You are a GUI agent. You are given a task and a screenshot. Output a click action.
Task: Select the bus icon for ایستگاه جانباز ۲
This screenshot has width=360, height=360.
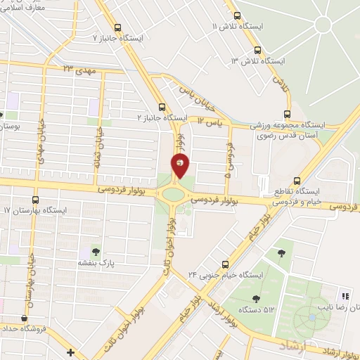tap(162, 108)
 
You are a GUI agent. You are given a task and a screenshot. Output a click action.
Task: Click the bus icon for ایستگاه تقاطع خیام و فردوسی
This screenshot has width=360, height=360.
tap(297, 181)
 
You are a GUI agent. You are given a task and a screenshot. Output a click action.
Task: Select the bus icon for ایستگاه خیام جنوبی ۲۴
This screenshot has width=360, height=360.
tap(224, 265)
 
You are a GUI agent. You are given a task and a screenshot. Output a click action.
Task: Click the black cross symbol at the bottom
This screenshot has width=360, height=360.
tap(70, 352)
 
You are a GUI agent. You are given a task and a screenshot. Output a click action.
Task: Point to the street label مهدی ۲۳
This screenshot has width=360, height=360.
tap(77, 70)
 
